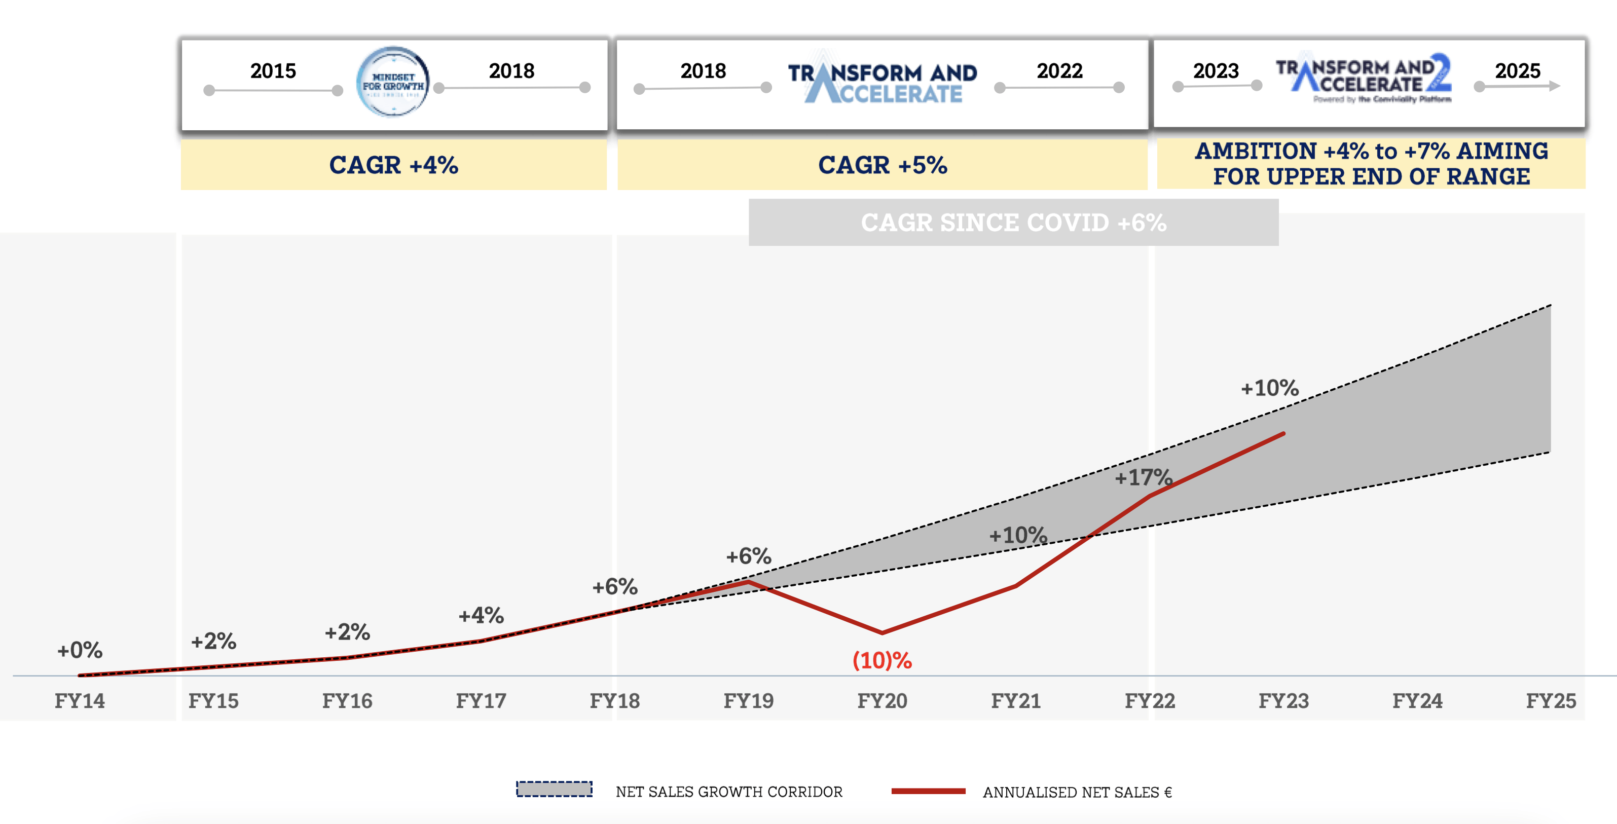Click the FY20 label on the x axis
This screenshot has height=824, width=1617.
pyautogui.click(x=882, y=700)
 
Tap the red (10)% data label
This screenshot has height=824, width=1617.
pyautogui.click(x=882, y=660)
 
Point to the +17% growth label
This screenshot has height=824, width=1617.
pyautogui.click(x=1143, y=477)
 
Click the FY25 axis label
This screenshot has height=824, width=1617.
pyautogui.click(x=1551, y=700)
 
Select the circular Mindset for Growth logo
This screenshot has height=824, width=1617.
pyautogui.click(x=393, y=82)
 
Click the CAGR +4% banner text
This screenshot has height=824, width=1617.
pyautogui.click(x=393, y=165)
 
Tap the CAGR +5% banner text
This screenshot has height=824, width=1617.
pyautogui.click(x=882, y=165)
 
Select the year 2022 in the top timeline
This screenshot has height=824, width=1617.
pyautogui.click(x=1059, y=71)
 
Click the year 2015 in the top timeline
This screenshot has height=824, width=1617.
pyautogui.click(x=273, y=71)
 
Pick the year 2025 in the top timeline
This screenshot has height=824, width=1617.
pyautogui.click(x=1517, y=71)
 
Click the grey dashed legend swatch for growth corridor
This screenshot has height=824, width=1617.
pyautogui.click(x=554, y=790)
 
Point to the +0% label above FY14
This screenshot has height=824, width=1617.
pyautogui.click(x=80, y=650)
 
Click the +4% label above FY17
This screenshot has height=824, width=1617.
pyautogui.click(x=481, y=616)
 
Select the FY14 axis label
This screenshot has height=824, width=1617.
pyautogui.click(x=80, y=700)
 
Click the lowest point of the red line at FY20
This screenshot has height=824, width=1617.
pyautogui.click(x=882, y=632)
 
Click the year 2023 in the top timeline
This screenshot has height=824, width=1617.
pyautogui.click(x=1216, y=71)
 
